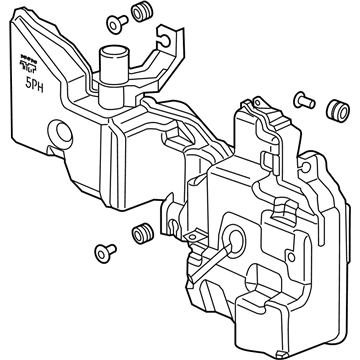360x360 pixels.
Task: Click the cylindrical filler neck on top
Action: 111,70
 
